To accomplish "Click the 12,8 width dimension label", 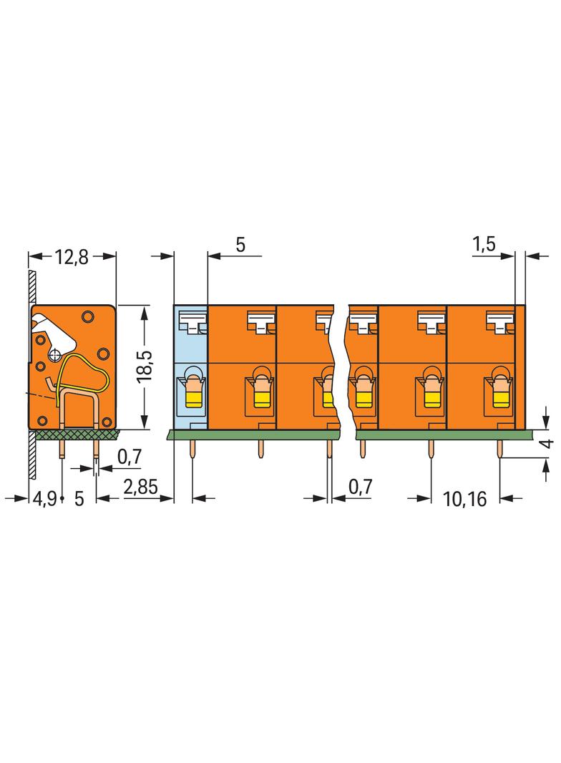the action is pyautogui.click(x=72, y=257).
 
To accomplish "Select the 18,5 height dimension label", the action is pyautogui.click(x=145, y=366).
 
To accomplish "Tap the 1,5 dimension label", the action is pyautogui.click(x=484, y=243).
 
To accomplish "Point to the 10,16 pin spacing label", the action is pyautogui.click(x=464, y=499).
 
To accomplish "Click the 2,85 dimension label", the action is pyautogui.click(x=141, y=487).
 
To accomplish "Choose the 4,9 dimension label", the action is pyautogui.click(x=45, y=499).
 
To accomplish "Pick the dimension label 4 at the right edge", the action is pyautogui.click(x=548, y=444).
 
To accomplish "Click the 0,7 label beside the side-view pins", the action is pyautogui.click(x=130, y=457).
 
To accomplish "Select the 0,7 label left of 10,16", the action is pyautogui.click(x=360, y=486).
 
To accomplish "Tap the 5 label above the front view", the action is pyautogui.click(x=240, y=245).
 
